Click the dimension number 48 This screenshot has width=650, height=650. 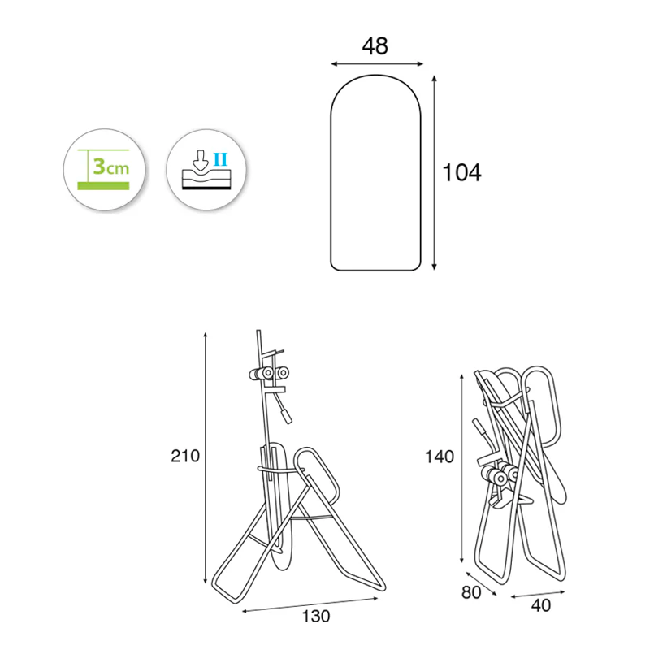pos(375,46)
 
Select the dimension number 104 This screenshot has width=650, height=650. pos(461,172)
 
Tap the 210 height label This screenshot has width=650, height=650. pos(185,456)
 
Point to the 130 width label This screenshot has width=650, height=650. pos(316,617)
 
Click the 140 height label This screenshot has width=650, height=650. pos(440,457)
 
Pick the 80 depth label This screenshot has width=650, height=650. pos(471,593)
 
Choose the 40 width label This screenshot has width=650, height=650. pos(541,605)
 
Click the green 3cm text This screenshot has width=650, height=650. pos(111,167)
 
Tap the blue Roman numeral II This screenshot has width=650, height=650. pos(220,159)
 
